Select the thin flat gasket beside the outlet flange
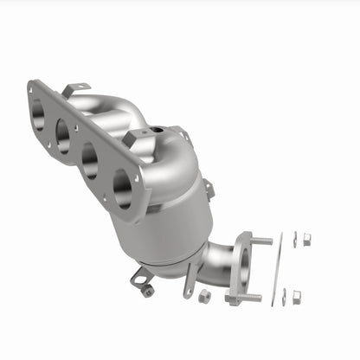point(279,269)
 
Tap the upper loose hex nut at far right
point(306,239)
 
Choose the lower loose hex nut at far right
point(297,297)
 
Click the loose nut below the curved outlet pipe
point(205,296)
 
